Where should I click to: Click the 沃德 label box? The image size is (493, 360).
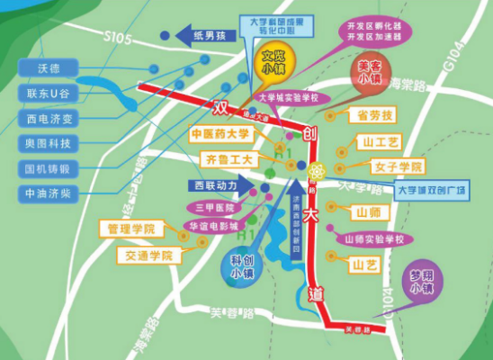[x=47, y=68]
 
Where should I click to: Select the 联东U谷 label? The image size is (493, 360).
[x=47, y=94]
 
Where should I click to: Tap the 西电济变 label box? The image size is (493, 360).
[x=47, y=119]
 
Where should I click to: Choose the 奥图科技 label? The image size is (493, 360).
[x=47, y=143]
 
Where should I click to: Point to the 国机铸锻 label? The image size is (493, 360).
[x=47, y=168]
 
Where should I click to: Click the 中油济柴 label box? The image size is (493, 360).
[x=47, y=193]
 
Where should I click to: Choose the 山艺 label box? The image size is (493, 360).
[x=367, y=265]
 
